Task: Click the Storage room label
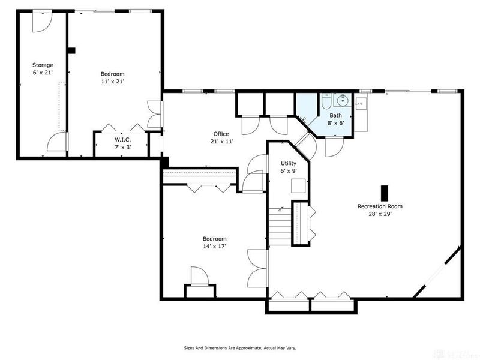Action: (43, 65)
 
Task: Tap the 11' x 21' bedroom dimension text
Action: (112, 81)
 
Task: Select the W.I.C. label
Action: (123, 139)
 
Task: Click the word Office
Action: (221, 134)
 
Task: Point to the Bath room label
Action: (335, 115)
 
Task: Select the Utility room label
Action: (289, 163)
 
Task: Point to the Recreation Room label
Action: (380, 206)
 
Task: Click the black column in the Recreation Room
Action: (385, 191)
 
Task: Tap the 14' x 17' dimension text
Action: (214, 246)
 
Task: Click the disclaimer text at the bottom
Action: (239, 347)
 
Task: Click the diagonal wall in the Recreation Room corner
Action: (437, 273)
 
